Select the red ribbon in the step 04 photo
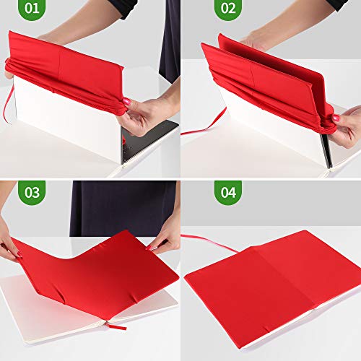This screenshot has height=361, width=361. tap(209, 242)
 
